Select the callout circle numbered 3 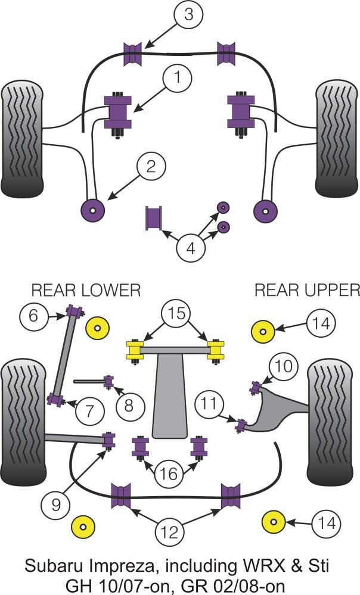[x=188, y=14]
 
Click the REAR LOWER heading [x=86, y=290]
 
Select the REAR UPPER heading [x=307, y=290]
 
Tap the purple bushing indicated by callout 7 [x=57, y=399]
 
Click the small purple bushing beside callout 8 [x=109, y=381]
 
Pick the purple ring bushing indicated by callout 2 [x=92, y=209]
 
